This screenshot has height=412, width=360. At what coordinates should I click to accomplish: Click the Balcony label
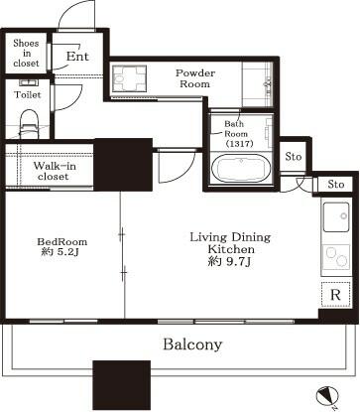tap(192, 344)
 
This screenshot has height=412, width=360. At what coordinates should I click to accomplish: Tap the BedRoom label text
tap(62, 241)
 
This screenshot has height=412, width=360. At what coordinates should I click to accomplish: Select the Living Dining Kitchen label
tap(230, 243)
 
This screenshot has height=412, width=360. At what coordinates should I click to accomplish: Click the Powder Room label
tap(195, 78)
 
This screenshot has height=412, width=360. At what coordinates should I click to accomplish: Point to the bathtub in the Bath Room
tap(241, 168)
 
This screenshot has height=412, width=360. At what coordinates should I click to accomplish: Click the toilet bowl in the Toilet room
tap(30, 124)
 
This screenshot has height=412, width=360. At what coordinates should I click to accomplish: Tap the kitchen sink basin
tap(336, 216)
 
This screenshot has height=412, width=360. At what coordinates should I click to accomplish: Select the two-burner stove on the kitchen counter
tap(336, 257)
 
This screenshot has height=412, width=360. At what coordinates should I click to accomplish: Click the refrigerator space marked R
tap(335, 295)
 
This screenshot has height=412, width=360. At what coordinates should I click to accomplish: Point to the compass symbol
tap(325, 396)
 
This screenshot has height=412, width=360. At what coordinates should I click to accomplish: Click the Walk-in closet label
tap(55, 171)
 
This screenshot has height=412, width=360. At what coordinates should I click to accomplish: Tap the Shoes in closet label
tap(26, 53)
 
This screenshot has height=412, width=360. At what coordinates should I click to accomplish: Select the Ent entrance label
tap(77, 57)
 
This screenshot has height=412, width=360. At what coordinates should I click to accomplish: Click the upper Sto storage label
tap(294, 156)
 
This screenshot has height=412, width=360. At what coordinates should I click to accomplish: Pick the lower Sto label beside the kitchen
tap(336, 185)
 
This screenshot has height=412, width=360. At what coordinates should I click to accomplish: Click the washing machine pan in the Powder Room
tap(129, 78)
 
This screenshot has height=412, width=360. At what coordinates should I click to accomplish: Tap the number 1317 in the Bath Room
tap(239, 144)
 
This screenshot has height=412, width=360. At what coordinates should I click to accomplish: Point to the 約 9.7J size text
tap(230, 262)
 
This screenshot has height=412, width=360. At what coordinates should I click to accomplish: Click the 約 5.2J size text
tap(60, 252)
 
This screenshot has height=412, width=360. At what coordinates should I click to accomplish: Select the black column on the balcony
tap(122, 386)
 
